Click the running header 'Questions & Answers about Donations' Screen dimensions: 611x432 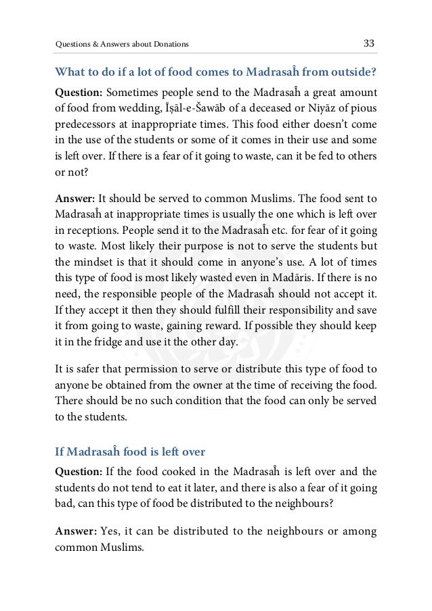click(x=122, y=45)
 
